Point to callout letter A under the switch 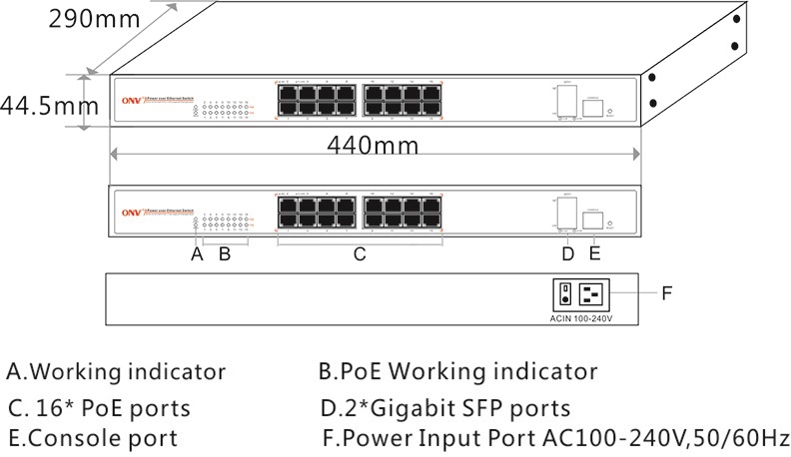coord(197,253)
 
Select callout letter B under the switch coord(225,253)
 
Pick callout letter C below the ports coord(360,253)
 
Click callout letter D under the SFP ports coord(567,253)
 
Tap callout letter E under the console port coord(595,253)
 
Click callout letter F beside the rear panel coord(669,293)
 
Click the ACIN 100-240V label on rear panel coord(580,319)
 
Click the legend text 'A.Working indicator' coord(116,372)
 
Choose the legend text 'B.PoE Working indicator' coord(457,372)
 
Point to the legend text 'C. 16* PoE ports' coord(99,407)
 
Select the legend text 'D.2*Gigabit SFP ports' coord(445,407)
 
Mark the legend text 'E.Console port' coord(92,437)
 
